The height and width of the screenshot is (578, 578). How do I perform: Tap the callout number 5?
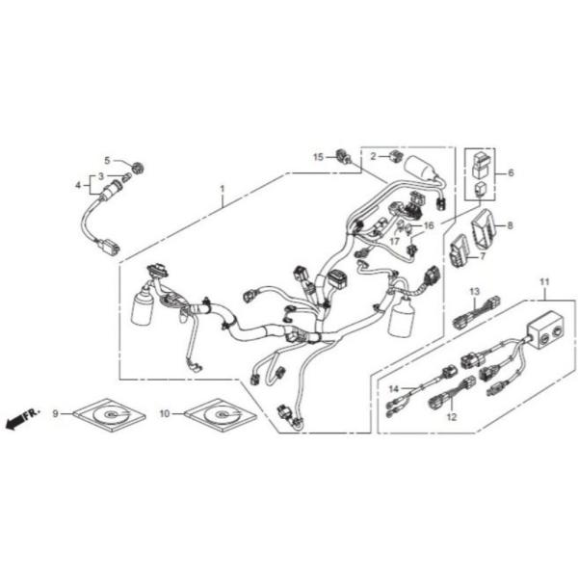click(x=109, y=160)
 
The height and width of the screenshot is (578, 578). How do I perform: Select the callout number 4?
click(x=79, y=183)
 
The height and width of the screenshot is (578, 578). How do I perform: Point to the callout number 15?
click(x=318, y=155)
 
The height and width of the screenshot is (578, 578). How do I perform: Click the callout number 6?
click(x=511, y=173)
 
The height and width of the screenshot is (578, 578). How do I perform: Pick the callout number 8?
click(x=510, y=225)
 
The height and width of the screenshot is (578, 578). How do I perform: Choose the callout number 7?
click(x=482, y=256)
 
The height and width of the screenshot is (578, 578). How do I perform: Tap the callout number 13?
click(x=474, y=290)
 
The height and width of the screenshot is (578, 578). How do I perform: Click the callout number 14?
click(x=393, y=388)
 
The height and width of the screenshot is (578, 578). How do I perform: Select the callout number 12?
click(x=450, y=417)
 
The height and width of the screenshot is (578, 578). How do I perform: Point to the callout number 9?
click(x=56, y=414)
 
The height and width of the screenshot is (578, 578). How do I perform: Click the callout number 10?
click(x=165, y=414)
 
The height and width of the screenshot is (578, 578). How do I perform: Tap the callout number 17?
click(x=395, y=241)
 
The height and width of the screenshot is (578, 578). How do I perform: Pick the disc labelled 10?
click(x=221, y=415)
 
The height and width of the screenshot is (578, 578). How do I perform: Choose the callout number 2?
click(x=372, y=155)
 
